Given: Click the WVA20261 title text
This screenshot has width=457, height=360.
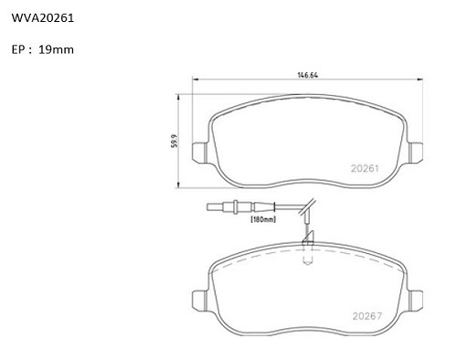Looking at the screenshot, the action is (43, 18).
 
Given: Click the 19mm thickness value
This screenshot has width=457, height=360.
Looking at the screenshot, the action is (56, 49).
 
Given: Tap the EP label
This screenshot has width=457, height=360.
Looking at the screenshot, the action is (18, 49).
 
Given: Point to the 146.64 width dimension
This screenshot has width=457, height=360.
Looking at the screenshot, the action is (307, 75).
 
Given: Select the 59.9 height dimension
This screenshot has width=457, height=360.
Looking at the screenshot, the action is (175, 141).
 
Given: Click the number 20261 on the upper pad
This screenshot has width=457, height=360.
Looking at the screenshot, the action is (365, 168).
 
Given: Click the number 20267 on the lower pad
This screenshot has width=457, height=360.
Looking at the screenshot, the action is (367, 316).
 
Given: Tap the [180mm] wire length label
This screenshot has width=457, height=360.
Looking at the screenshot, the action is (263, 219).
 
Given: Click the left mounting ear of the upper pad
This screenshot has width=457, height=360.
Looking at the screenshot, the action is (200, 152).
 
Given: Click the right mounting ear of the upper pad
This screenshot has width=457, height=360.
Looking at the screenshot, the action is (415, 152).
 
